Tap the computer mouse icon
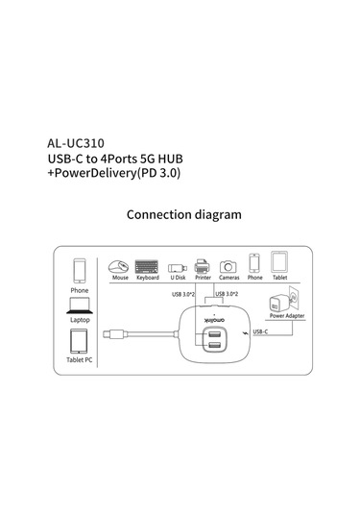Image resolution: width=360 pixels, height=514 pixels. tap(119, 266)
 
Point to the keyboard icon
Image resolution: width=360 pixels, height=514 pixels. tap(147, 266)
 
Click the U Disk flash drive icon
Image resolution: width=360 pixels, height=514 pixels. tap(177, 266)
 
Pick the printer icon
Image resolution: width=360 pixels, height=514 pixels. tap(203, 265)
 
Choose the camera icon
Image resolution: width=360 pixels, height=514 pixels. tap(228, 266)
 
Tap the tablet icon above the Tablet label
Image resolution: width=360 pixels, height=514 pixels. tap(279, 263)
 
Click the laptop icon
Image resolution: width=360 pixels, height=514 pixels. tap(79, 307)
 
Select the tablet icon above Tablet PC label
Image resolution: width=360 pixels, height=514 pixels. tap(79, 343)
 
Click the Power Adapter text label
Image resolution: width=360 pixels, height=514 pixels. tap(286, 315)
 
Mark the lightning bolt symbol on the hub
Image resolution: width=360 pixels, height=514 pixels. tap(244, 335)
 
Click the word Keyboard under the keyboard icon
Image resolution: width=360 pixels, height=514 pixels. tap(147, 278)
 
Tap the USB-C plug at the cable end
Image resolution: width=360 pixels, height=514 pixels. tap(113, 334)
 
